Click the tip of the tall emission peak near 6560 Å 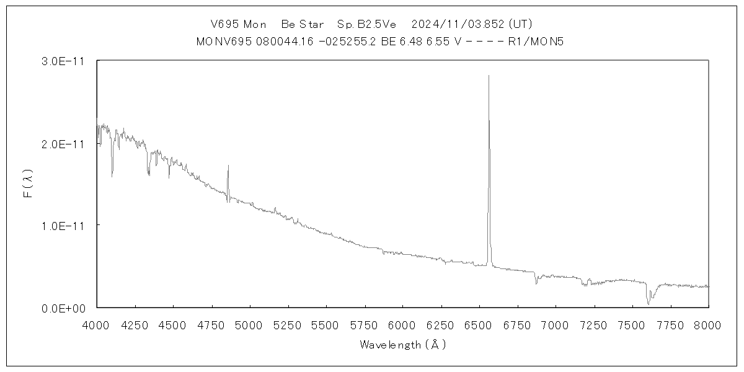(489, 76)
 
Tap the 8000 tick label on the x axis (709, 324)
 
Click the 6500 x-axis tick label (479, 324)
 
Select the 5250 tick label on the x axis (288, 324)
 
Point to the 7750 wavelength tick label (670, 324)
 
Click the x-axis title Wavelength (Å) (402, 345)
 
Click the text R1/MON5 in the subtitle (535, 41)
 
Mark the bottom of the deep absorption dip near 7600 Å (649, 304)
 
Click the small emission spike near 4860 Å (228, 166)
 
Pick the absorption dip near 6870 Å (536, 283)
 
